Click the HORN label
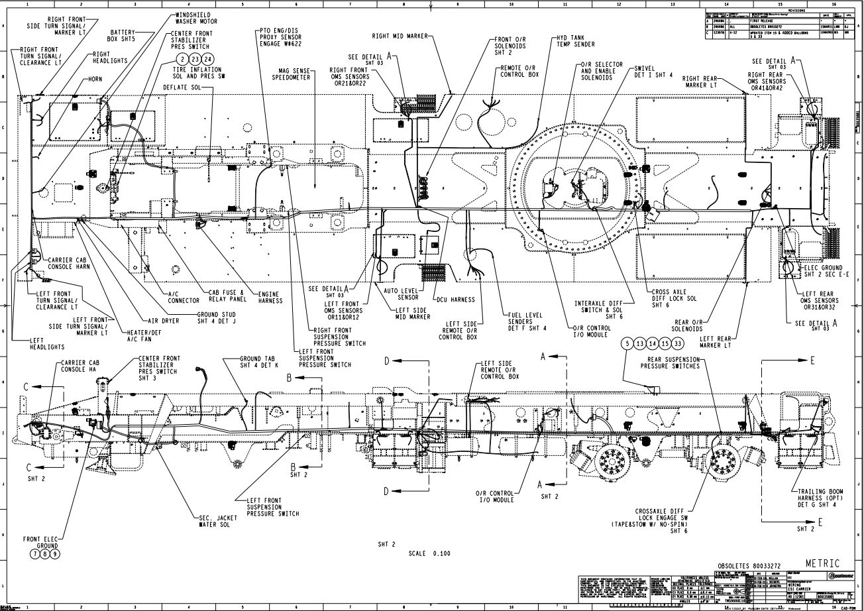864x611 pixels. click(x=95, y=79)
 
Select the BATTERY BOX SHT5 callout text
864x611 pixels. click(x=123, y=36)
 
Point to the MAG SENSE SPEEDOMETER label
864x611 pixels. click(x=292, y=73)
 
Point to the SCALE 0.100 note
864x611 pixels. click(x=430, y=553)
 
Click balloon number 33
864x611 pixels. click(x=677, y=343)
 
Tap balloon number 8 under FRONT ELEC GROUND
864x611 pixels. click(x=44, y=553)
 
